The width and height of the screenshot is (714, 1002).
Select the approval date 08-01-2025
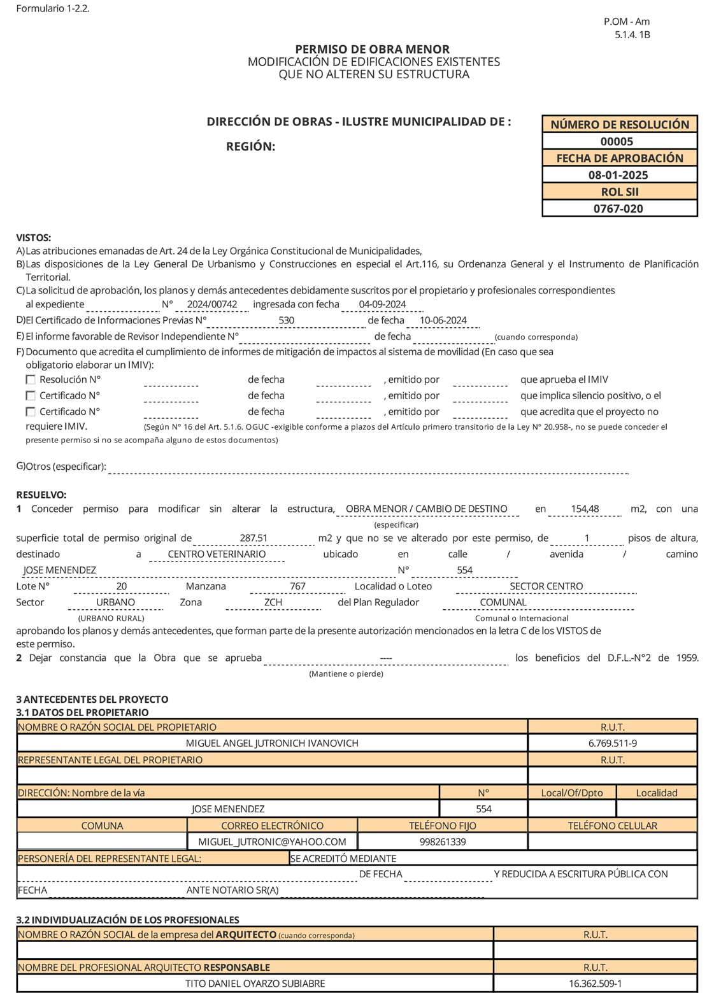tap(618, 175)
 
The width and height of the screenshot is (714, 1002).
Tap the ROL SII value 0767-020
tap(618, 209)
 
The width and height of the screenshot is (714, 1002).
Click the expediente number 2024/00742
tap(212, 305)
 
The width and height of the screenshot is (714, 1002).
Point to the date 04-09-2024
tap(382, 305)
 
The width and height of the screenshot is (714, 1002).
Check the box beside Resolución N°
tap(31, 379)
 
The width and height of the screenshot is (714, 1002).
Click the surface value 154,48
tap(585, 509)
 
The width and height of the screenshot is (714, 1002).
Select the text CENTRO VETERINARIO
tap(217, 554)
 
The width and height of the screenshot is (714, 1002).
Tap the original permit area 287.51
tap(253, 539)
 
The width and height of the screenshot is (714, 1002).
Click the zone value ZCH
tap(273, 603)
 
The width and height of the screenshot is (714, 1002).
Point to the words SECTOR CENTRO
tap(546, 586)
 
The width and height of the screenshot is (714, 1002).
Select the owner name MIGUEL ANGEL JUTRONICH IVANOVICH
tap(272, 744)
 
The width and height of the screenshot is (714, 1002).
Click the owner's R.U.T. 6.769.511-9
tap(613, 744)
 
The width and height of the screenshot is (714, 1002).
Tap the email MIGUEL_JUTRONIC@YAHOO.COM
tap(272, 842)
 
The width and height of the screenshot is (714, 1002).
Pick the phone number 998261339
tap(443, 842)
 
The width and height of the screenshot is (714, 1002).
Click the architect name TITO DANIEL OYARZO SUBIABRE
tap(255, 984)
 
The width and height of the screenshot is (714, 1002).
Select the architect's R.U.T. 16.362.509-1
tap(596, 984)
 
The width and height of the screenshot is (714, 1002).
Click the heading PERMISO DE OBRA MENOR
tap(373, 50)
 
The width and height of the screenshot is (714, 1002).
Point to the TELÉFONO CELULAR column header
tap(612, 826)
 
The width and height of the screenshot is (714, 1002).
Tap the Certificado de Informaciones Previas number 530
tap(287, 321)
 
